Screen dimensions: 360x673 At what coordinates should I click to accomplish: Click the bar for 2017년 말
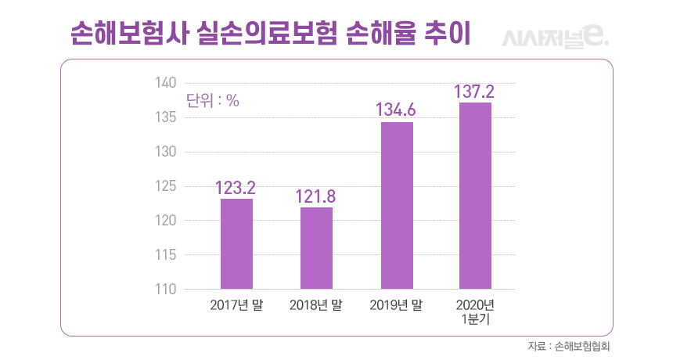coord(236,243)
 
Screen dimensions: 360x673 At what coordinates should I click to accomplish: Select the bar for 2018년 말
coord(316,248)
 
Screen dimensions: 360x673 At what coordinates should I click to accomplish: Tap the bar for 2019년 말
coord(397,205)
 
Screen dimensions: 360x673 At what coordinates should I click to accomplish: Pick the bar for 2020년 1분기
coord(476,196)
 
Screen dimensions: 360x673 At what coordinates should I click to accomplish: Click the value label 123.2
coord(236,188)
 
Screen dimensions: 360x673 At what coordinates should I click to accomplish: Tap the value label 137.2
coord(476,92)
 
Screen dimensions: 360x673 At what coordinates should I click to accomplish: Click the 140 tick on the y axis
coord(166,83)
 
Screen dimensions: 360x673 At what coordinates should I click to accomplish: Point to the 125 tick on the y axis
coord(166,186)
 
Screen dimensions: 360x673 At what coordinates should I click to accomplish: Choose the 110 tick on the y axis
coord(166,290)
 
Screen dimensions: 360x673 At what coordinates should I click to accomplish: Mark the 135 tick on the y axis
coord(166,117)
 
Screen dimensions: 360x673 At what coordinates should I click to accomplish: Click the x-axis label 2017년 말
coord(236,305)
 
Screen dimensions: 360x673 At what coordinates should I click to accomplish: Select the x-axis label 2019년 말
coord(397,305)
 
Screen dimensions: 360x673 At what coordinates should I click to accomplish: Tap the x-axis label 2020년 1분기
coord(476,311)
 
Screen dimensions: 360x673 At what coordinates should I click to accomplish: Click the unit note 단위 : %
coord(212,100)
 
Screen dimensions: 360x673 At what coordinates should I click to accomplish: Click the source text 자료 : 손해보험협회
coord(569,345)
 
